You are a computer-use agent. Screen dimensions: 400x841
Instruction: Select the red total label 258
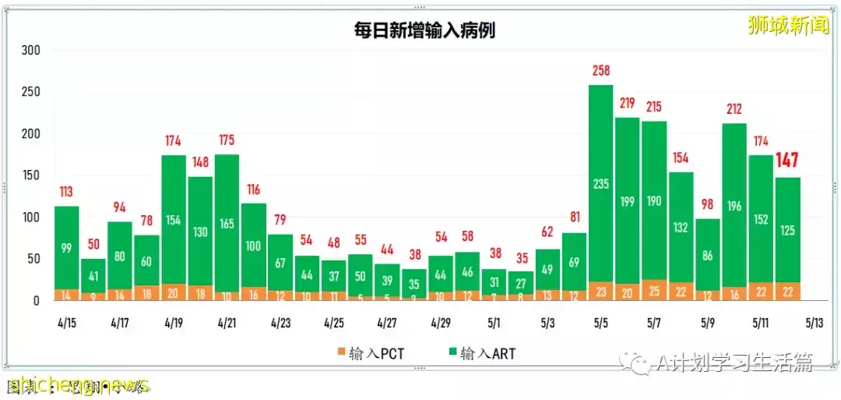tap(601, 72)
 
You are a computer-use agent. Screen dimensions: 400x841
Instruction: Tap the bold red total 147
tap(787, 161)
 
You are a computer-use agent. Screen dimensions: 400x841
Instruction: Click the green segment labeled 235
tap(601, 183)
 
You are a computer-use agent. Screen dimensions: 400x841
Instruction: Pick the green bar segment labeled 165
tap(227, 223)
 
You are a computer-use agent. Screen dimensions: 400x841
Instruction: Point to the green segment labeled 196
tap(734, 206)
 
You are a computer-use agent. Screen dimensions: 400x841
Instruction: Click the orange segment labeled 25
tap(654, 291)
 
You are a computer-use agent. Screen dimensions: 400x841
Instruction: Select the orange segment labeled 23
tap(601, 292)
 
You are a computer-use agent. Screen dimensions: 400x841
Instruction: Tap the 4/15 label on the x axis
tap(66, 322)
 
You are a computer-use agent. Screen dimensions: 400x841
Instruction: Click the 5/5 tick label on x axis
tap(600, 322)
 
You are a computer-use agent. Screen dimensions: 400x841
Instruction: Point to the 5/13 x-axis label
tap(813, 322)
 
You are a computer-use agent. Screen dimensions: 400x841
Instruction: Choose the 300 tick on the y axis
tap(30, 51)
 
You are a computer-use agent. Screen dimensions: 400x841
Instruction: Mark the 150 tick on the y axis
tap(30, 175)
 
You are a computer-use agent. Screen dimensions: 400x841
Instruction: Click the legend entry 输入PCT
tap(371, 353)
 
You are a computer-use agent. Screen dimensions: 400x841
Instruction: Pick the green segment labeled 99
tap(66, 248)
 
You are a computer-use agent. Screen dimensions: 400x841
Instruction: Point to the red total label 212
tap(734, 110)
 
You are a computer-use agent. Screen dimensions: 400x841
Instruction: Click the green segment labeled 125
tap(787, 231)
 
